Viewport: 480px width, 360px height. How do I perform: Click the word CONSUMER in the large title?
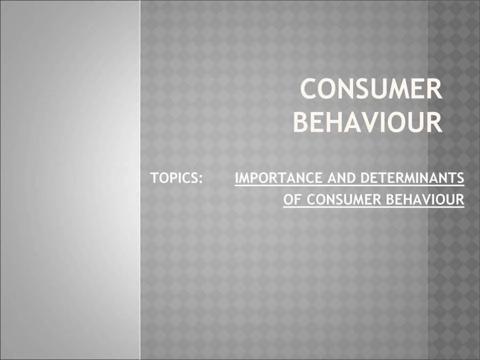pos(372,89)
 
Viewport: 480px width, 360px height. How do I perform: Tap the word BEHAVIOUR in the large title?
pos(368,122)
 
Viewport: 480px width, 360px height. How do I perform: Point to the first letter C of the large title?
pos(310,89)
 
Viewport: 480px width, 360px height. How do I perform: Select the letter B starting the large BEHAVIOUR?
pos(302,122)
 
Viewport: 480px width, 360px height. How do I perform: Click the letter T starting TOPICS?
pos(154,178)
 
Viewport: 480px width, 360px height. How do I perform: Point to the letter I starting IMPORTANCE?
pos(236,178)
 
